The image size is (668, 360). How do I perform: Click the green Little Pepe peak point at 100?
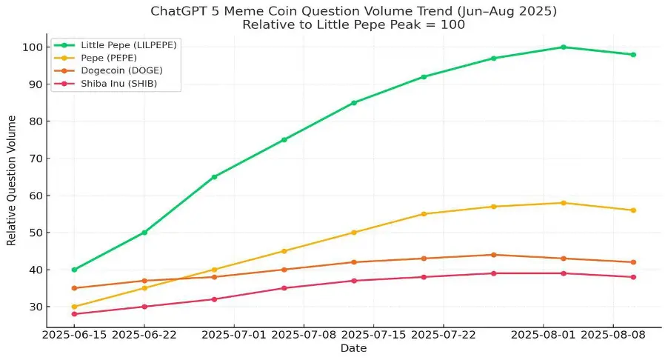[564, 47]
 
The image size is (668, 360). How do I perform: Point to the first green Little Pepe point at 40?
[75, 270]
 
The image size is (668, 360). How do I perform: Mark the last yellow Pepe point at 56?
[633, 210]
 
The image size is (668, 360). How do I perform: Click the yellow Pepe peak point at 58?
[564, 203]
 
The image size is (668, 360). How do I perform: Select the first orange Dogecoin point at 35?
[75, 288]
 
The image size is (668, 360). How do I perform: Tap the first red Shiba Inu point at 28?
[75, 314]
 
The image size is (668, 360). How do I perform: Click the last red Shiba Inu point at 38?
[633, 277]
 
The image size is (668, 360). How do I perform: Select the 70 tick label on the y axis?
[34, 159]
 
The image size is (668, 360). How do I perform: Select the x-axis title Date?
[352, 348]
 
